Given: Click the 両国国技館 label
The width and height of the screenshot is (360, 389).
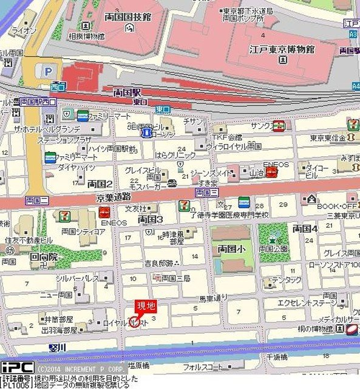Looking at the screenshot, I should pos(127,17).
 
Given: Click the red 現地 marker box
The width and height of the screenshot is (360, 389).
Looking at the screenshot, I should pos(145,305).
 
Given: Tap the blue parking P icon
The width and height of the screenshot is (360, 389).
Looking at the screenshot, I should pos(47,71).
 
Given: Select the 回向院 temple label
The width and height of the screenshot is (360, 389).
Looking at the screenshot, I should pos(44,256).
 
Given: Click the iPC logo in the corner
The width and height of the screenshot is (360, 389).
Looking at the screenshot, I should pos(17,367).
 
